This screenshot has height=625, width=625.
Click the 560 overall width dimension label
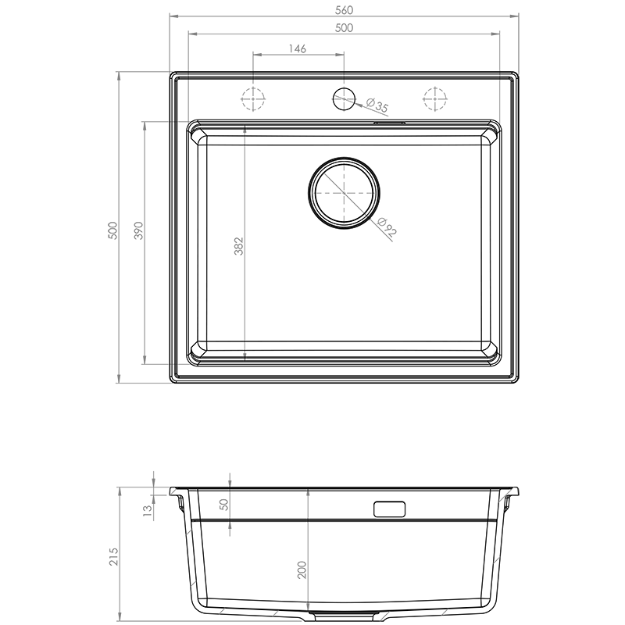click(x=344, y=10)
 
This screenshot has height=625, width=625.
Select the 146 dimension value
click(x=298, y=48)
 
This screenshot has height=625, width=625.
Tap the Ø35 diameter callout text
click(x=377, y=105)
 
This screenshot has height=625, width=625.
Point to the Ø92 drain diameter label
click(x=386, y=227)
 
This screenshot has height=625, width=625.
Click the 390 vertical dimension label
click(x=139, y=230)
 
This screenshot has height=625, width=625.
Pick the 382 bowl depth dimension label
click(x=238, y=246)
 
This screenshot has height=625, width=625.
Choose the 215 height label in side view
click(x=114, y=556)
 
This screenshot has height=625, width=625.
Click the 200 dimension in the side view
click(x=302, y=570)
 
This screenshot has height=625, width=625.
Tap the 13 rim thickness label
click(x=148, y=511)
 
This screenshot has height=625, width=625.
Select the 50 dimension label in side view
click(x=224, y=505)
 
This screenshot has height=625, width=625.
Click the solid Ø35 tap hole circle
click(x=344, y=99)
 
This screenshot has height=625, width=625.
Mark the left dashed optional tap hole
click(x=252, y=98)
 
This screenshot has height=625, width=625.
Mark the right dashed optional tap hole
click(x=435, y=98)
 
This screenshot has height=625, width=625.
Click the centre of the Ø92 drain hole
click(x=344, y=193)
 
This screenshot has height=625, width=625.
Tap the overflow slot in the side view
click(x=389, y=509)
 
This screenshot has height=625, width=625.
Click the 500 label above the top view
click(x=344, y=28)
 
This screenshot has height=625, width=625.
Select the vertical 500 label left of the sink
click(x=113, y=230)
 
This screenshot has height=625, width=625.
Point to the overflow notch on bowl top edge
click(x=389, y=123)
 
